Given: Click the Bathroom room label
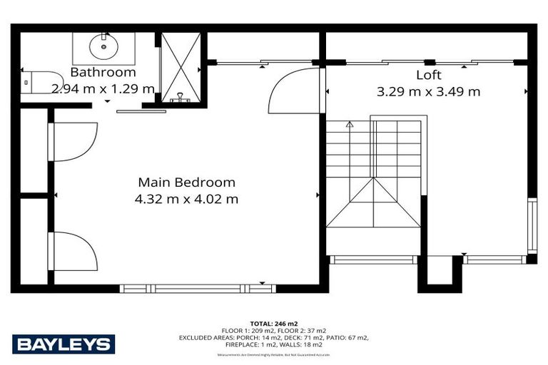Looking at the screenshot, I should [103, 73].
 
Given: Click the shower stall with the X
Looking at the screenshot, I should [178, 67].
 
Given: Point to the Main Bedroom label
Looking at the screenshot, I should [186, 182].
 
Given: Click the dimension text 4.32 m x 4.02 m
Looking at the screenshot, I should [186, 199].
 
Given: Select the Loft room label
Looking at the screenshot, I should [429, 75].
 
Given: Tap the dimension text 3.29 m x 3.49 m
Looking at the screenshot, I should [428, 91].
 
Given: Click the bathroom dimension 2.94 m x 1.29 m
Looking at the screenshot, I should [103, 89].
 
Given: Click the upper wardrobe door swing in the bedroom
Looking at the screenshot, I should [73, 141].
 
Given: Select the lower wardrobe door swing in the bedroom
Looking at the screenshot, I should [73, 251].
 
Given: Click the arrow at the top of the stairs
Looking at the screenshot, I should [350, 125].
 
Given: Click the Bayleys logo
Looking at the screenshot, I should [64, 344].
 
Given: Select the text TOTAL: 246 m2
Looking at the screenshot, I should [274, 323].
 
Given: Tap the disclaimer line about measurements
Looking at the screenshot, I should [274, 354].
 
